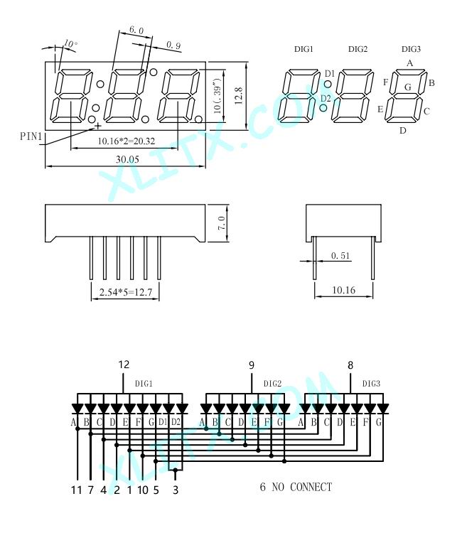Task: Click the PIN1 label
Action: tap(31, 136)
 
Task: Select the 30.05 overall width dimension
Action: tap(127, 159)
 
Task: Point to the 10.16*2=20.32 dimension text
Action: tap(127, 141)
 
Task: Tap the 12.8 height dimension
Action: tap(239, 95)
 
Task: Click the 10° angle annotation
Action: tap(70, 43)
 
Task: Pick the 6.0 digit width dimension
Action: tap(136, 30)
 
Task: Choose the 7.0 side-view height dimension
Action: tap(222, 223)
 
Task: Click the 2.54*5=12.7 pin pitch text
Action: tap(125, 292)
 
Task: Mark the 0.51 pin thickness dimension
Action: tap(340, 256)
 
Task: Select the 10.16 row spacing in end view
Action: tap(343, 290)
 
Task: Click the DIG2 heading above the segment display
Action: tap(358, 49)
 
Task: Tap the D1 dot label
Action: tap(330, 73)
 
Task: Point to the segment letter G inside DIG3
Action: tap(408, 87)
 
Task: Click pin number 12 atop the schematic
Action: tap(124, 365)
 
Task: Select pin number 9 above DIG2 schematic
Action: tap(251, 365)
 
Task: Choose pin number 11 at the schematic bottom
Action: tap(77, 490)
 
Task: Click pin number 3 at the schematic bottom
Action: tap(176, 490)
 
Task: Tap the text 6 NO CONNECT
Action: tap(296, 487)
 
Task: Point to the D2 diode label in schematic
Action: tap(176, 422)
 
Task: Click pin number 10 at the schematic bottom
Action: tap(143, 490)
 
